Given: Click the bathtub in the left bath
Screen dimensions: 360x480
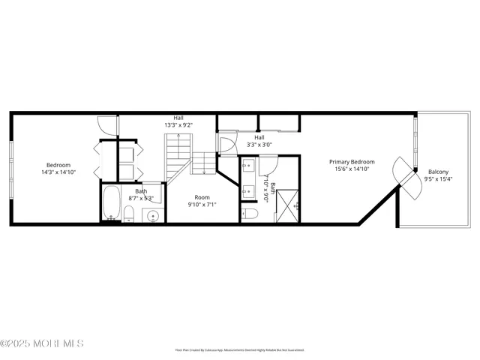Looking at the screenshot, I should [x=112, y=202].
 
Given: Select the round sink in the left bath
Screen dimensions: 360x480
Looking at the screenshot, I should [x=153, y=216].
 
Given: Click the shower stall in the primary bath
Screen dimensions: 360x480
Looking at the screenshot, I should [x=288, y=205].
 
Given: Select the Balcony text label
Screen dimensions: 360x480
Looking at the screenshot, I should [x=438, y=172].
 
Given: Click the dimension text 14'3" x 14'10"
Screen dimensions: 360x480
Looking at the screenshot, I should [x=58, y=172].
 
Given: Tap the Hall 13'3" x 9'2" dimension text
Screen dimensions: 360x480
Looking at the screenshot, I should [x=178, y=124].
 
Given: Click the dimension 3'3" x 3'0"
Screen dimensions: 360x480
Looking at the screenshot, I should [x=259, y=145].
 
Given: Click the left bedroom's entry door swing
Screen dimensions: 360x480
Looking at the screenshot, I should [x=107, y=126].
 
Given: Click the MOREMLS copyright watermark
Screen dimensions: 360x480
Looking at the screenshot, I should [x=42, y=343].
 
